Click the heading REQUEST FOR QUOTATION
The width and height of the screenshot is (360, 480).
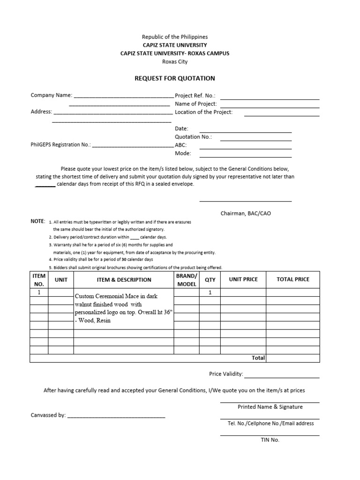(x=175, y=78)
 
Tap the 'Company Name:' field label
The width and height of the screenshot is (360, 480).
(x=52, y=95)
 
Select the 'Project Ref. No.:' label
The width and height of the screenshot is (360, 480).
(x=195, y=95)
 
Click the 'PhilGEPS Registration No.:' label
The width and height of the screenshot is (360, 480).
(x=61, y=145)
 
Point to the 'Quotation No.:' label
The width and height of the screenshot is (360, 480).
(x=193, y=137)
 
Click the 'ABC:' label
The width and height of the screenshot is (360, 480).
(x=181, y=145)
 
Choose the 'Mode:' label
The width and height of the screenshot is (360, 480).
(x=183, y=153)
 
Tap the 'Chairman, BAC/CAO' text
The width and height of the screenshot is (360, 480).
(x=246, y=213)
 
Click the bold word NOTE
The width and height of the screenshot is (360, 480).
(x=38, y=221)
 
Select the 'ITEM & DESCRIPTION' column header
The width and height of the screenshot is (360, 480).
(x=124, y=280)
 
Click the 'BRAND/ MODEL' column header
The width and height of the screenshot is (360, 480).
(x=187, y=280)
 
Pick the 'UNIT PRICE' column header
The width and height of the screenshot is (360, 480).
(x=243, y=279)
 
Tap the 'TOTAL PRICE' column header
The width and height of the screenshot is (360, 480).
(x=293, y=279)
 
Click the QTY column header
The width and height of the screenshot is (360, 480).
(x=210, y=279)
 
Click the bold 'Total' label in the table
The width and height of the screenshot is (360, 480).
(x=258, y=358)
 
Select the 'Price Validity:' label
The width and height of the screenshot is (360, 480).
(x=226, y=374)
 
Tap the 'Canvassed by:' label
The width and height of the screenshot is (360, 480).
(x=48, y=415)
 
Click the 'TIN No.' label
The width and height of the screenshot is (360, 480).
(x=270, y=440)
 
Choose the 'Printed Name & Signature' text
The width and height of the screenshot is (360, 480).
(x=270, y=407)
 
